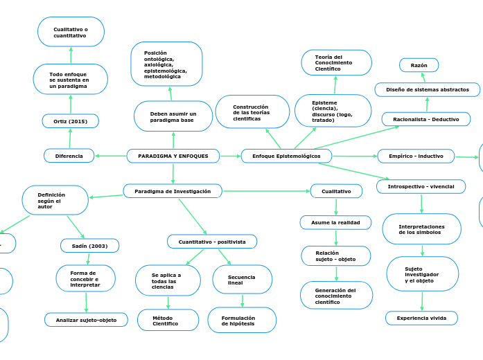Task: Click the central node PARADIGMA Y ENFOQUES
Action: tap(173, 156)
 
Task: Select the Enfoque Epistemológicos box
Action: tap(286, 156)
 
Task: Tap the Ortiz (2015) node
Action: tap(70, 121)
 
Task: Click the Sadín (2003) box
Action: tap(89, 246)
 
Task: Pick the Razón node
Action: tap(419, 65)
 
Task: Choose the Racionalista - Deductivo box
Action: tap(425, 119)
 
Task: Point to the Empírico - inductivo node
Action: tap(416, 156)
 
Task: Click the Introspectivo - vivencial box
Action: tap(421, 187)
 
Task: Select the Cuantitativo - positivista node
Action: tap(212, 242)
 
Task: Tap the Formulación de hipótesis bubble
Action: tap(242, 320)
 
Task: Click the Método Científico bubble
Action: tap(166, 320)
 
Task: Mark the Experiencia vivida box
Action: tap(421, 318)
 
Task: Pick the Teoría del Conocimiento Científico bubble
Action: tap(336, 63)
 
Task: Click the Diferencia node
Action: tap(69, 156)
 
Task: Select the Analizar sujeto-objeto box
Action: tap(86, 320)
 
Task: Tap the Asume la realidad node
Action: tap(335, 222)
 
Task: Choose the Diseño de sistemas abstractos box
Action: tap(427, 89)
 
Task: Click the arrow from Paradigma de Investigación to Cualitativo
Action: tap(266, 190)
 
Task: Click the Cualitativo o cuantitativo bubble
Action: tap(71, 32)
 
